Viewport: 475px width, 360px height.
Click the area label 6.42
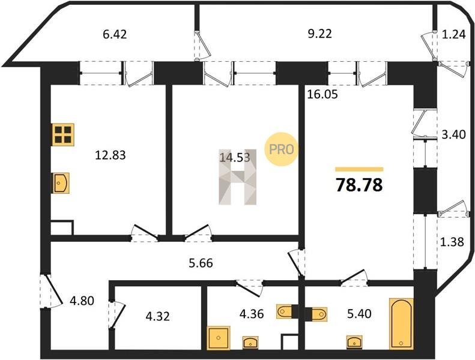115,35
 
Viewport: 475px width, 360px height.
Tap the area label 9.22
319,34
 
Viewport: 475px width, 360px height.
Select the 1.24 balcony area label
453,35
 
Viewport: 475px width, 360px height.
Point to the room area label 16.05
322,94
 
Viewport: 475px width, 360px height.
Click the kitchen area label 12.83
110,155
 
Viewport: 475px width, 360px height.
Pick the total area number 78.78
359,185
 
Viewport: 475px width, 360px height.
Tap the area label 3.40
453,134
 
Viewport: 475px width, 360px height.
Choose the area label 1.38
452,242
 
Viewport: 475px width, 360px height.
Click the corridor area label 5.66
201,263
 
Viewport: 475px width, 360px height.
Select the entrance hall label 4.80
82,301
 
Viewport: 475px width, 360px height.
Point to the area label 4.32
157,317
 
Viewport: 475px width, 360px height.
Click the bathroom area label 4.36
252,314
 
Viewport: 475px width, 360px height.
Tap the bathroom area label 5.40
359,314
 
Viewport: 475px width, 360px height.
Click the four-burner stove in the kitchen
63,135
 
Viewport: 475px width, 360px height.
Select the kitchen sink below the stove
61,183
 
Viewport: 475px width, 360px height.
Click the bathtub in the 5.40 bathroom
401,323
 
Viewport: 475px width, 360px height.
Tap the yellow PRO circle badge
281,149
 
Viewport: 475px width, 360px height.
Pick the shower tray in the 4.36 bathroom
219,338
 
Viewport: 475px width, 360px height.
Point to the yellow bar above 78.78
359,170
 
